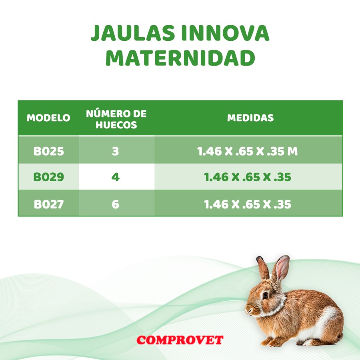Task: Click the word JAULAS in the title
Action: (x=132, y=34)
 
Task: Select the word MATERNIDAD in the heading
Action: (x=180, y=58)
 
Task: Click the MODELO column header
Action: (x=48, y=118)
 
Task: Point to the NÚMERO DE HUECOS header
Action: (x=116, y=119)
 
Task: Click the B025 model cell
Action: (x=48, y=152)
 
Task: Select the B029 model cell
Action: (x=48, y=177)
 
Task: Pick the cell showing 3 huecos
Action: (x=116, y=152)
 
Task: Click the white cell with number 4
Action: (x=116, y=177)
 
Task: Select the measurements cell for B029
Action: (x=248, y=177)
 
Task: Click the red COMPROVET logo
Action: (x=180, y=340)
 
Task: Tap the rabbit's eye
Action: (x=265, y=295)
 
